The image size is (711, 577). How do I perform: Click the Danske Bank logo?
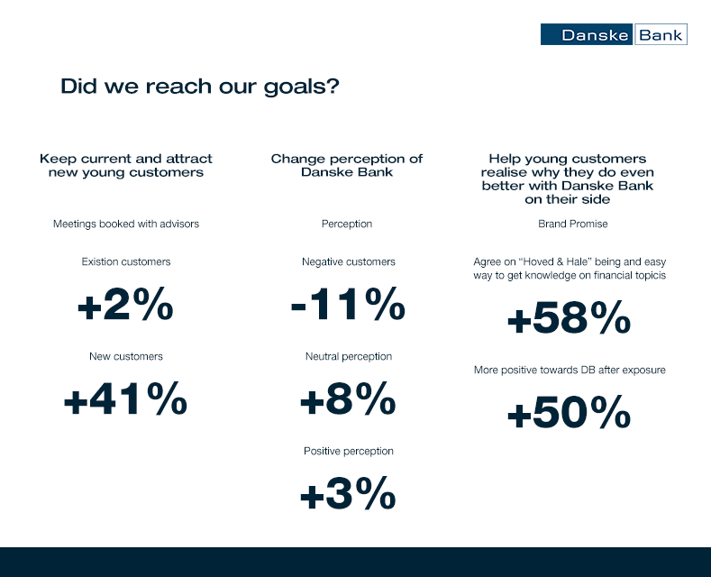point(614,34)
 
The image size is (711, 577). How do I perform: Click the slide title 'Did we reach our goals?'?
point(200,87)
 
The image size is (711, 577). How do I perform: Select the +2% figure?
point(125,304)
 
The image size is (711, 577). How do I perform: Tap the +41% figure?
point(125,398)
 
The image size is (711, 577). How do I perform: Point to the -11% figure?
point(348,304)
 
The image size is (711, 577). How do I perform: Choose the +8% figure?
point(348,398)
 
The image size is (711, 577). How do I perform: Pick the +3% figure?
point(348,493)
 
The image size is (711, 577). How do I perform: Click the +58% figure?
point(570,317)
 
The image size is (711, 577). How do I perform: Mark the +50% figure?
point(570,412)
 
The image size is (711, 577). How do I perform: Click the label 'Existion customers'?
point(126,261)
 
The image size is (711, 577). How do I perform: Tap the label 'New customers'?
point(126,356)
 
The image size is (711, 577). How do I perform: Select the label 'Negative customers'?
point(348,261)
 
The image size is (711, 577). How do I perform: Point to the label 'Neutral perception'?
point(348,356)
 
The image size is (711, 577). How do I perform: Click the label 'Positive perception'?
point(348,452)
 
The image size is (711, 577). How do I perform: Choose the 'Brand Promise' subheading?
point(573,224)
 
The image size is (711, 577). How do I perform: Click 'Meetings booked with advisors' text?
point(126,224)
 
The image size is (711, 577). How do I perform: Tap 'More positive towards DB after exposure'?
point(570,371)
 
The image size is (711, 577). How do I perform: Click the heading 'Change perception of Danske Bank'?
point(347,165)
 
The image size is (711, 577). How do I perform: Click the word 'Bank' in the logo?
point(661,35)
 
